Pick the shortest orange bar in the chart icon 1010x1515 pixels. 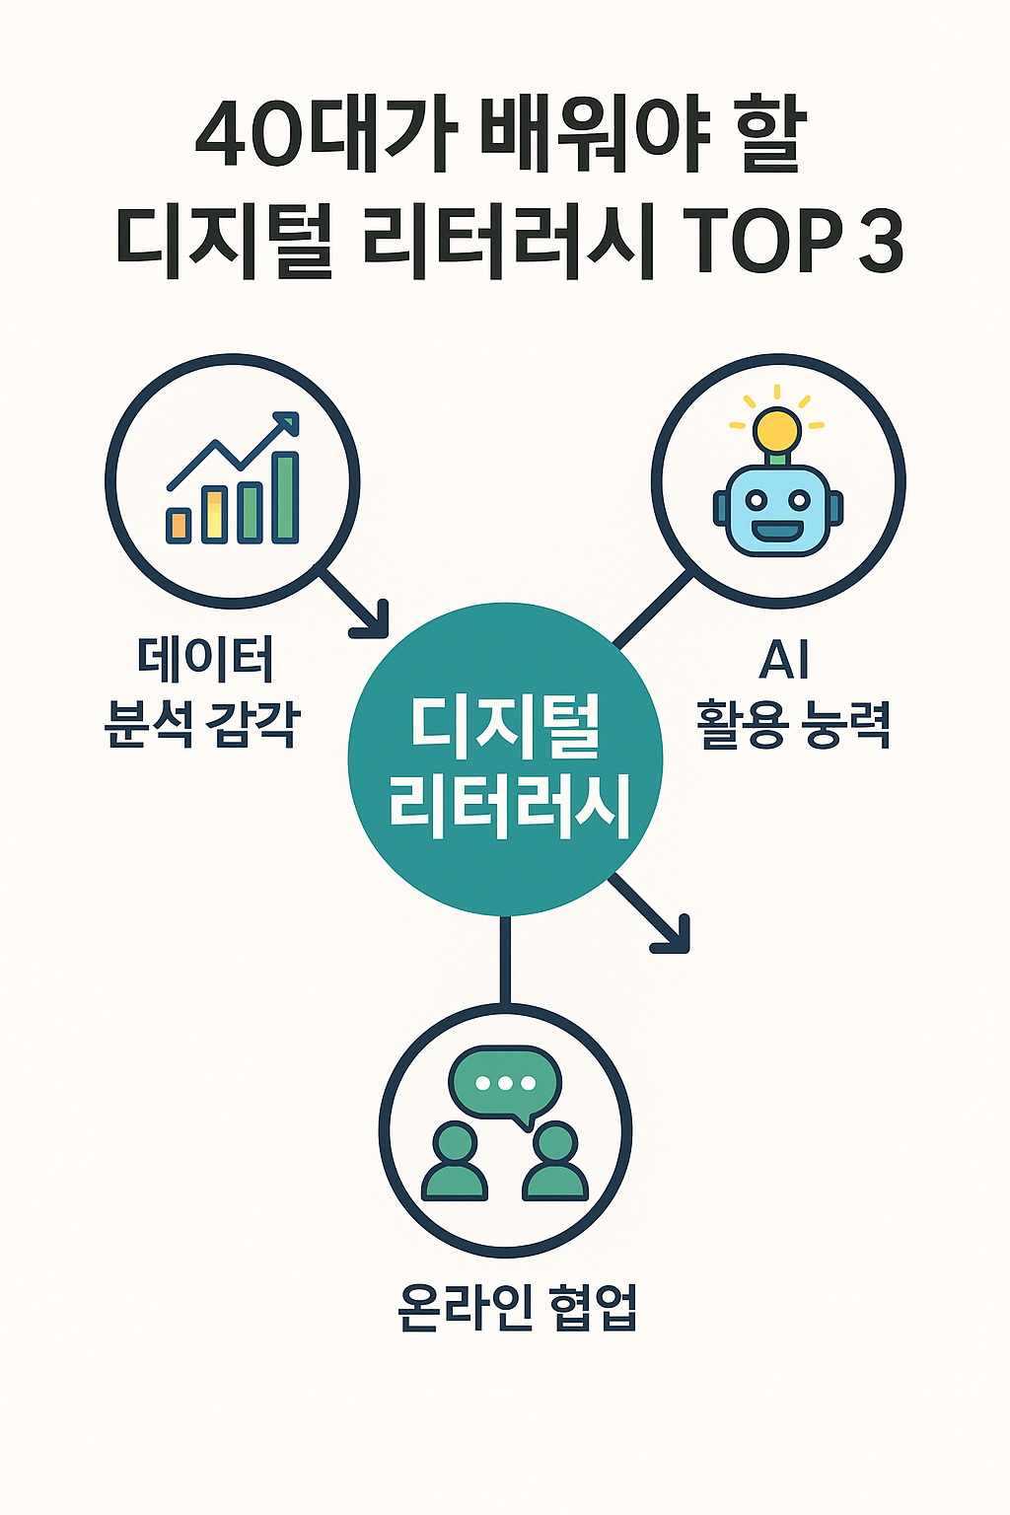179,525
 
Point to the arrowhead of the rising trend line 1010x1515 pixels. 288,423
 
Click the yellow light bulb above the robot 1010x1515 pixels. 777,430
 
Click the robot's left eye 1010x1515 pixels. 755,500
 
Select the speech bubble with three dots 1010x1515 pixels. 505,1083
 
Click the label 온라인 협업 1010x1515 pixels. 517,1308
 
